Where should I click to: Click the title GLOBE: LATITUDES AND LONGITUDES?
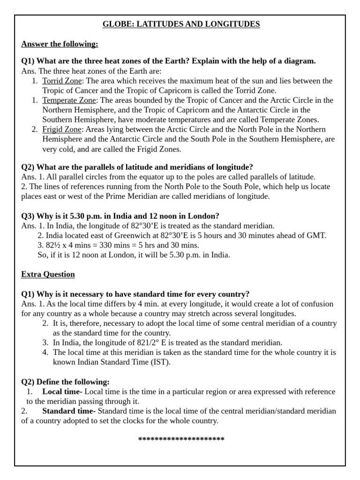click(x=181, y=24)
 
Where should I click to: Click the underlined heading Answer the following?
click(x=60, y=44)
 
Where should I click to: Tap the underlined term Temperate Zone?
click(x=69, y=100)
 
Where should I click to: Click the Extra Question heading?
click(x=48, y=274)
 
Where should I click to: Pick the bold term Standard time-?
click(x=69, y=411)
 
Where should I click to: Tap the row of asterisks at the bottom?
click(x=181, y=439)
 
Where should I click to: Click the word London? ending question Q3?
click(x=204, y=216)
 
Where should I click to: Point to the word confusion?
click(x=317, y=304)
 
